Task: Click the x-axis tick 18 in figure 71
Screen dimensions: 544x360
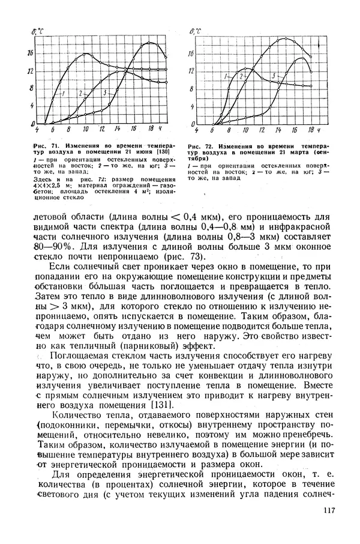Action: point(151,129)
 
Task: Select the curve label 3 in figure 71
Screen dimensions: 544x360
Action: point(104,93)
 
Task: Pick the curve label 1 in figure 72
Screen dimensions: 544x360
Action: point(225,77)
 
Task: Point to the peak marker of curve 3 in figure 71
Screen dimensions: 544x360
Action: point(150,43)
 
